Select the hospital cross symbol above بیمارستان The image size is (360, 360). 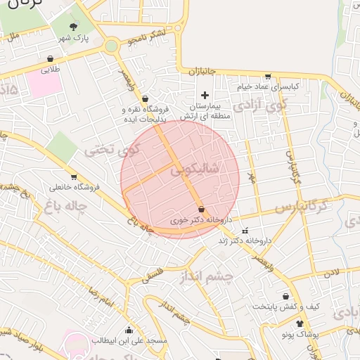[205, 94]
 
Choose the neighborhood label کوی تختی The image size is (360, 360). [112, 150]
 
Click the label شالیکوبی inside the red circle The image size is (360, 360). [215, 169]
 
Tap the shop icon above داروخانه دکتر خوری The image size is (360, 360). [202, 210]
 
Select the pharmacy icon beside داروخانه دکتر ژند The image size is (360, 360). [245, 231]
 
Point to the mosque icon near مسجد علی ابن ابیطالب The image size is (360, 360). [129, 330]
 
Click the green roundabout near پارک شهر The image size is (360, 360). [110, 46]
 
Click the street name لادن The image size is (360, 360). [332, 272]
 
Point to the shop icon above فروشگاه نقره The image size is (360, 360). [145, 98]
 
